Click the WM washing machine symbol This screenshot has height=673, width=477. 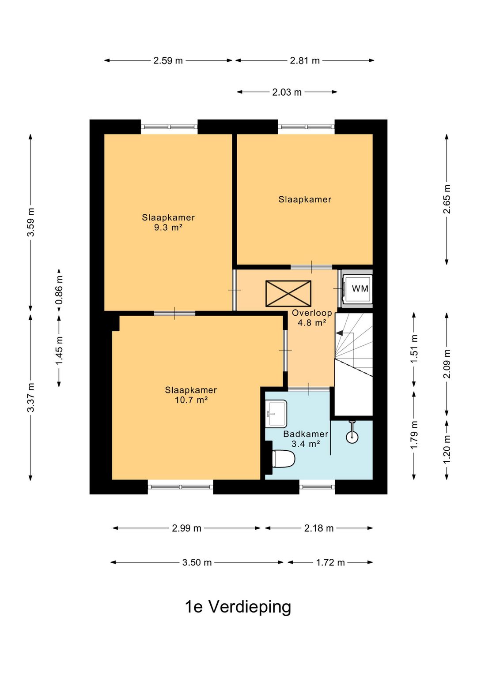click(x=357, y=288)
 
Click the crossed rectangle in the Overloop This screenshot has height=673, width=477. click(x=288, y=293)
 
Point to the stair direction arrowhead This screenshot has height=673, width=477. click(x=340, y=333)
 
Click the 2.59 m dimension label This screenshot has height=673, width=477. click(x=168, y=61)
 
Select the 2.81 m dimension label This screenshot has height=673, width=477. click(x=305, y=61)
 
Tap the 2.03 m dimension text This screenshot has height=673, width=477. click(x=287, y=92)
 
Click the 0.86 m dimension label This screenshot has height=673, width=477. click(x=59, y=290)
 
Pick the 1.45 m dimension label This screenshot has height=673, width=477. click(x=59, y=350)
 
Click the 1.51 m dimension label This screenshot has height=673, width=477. click(x=414, y=349)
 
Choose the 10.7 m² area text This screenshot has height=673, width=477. click(x=191, y=400)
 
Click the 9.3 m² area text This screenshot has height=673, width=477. click(x=168, y=228)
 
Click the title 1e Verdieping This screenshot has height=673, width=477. click(x=238, y=607)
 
